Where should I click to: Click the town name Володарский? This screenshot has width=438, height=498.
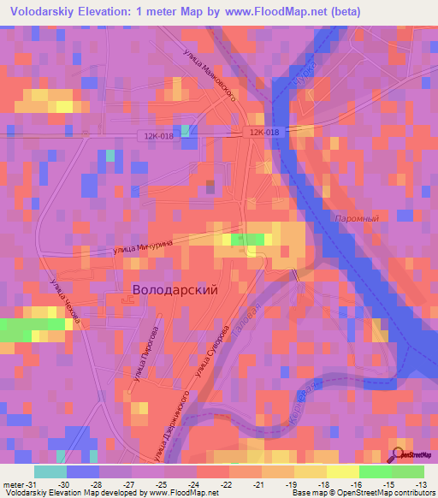pos(175,289)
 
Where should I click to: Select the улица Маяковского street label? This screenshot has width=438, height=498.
pos(210,73)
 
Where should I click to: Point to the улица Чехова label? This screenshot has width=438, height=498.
pos(65,301)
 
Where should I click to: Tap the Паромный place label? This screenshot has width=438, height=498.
pos(358,218)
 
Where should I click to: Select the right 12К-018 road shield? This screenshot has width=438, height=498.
pos(264,132)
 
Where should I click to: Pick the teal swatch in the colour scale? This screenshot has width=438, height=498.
pos(50,471)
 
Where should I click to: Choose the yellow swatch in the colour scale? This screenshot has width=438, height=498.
pos(342,471)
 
